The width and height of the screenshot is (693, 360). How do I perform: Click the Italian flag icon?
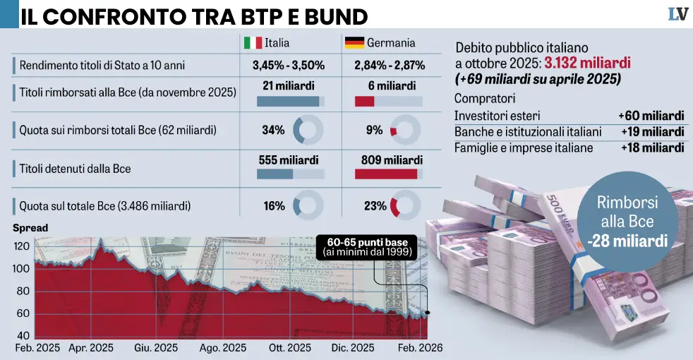click(x=253, y=43)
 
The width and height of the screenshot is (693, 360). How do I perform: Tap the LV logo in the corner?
click(x=677, y=14)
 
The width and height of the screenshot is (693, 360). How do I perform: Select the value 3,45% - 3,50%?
click(x=288, y=66)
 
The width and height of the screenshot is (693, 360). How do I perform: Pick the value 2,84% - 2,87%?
click(x=389, y=66)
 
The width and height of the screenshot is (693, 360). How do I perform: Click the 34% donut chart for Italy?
click(x=308, y=130)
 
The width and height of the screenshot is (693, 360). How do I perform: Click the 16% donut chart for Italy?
click(x=308, y=206)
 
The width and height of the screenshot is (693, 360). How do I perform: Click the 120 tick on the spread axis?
click(x=23, y=246)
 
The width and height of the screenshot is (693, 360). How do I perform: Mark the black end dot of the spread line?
click(x=428, y=312)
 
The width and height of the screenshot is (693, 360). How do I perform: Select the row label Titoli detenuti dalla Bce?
click(x=75, y=169)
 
